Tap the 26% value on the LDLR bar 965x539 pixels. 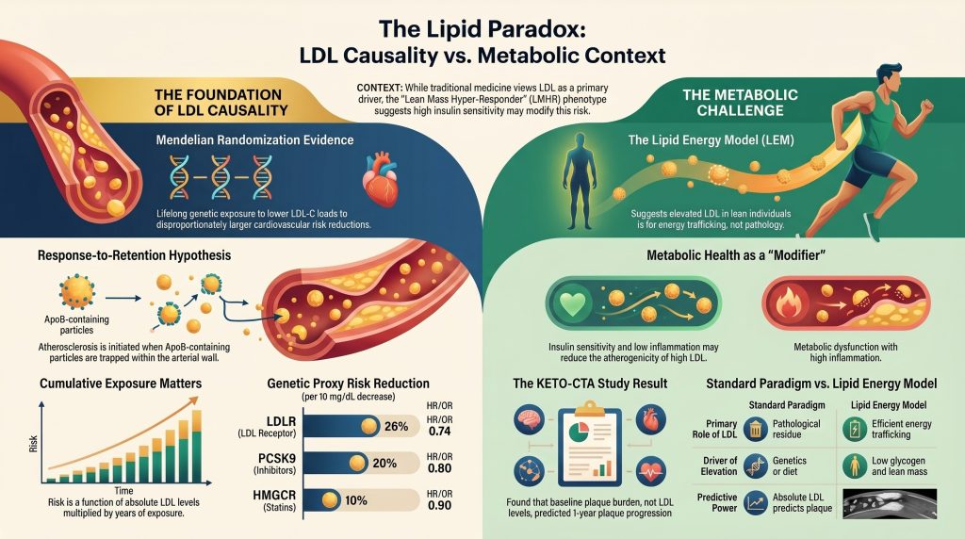pos(397,426)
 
